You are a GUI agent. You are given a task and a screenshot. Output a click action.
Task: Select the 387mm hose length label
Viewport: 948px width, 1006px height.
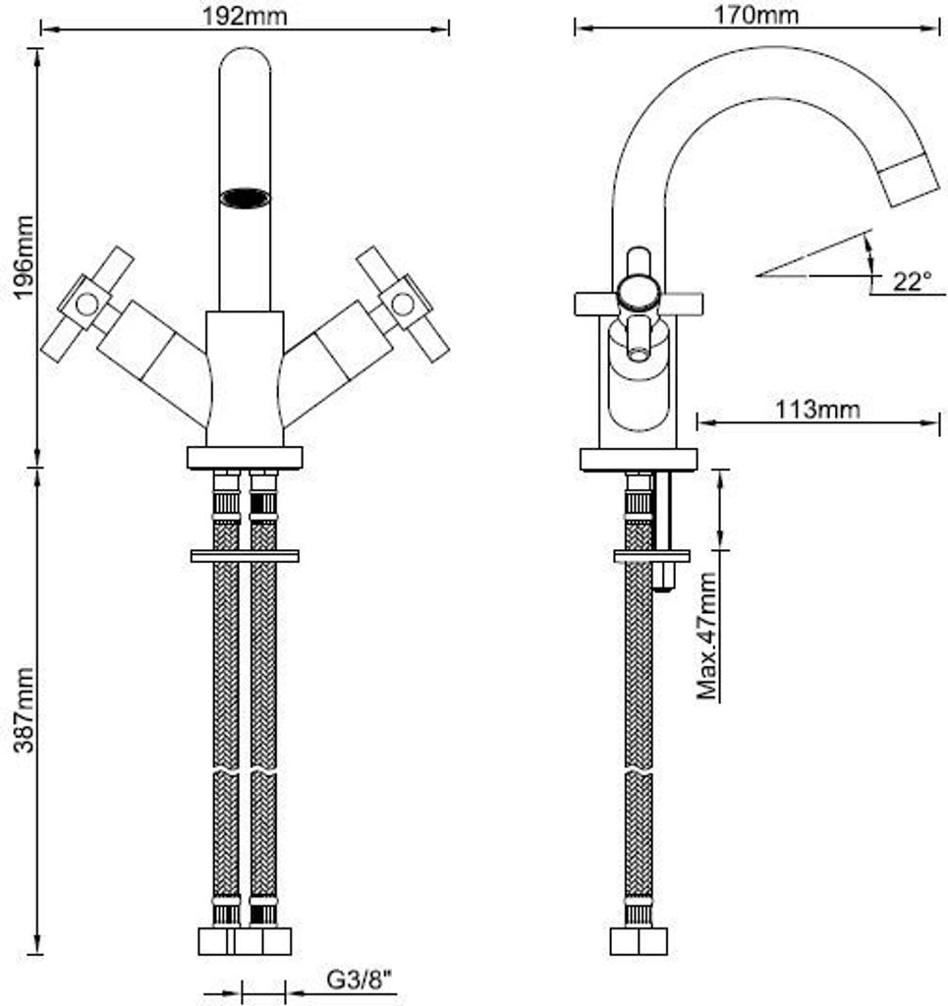click(x=26, y=708)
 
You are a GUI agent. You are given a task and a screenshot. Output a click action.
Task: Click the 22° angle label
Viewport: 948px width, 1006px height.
click(x=912, y=281)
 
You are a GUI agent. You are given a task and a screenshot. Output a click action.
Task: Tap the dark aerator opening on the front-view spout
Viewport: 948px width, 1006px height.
click(x=245, y=198)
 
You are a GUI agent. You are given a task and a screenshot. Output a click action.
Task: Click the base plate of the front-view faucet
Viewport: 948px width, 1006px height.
click(x=245, y=458)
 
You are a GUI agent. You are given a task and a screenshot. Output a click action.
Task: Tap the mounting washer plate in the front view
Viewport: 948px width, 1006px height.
click(x=245, y=556)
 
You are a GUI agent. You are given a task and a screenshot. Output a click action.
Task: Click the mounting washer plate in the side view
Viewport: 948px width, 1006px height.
click(x=650, y=556)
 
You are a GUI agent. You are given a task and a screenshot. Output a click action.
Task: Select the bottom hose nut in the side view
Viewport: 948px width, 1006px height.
click(x=638, y=941)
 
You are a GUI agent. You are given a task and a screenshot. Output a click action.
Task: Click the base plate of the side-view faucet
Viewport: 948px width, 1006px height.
click(x=638, y=459)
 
